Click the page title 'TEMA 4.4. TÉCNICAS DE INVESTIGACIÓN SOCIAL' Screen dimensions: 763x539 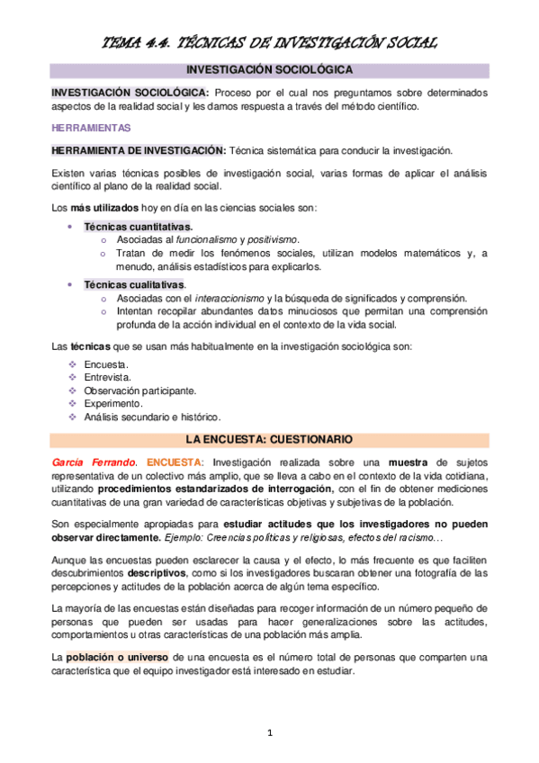click(x=269, y=41)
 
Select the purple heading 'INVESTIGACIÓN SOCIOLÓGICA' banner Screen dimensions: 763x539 click(x=269, y=69)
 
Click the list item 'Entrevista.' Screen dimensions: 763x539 click(x=107, y=378)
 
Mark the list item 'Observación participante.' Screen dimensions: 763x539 click(x=139, y=391)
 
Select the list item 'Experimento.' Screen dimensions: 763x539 click(x=113, y=405)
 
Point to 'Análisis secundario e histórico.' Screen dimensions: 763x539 click(x=152, y=418)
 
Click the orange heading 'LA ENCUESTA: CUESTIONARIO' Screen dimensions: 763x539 click(x=269, y=439)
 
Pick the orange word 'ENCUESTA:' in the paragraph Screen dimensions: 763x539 click(x=175, y=462)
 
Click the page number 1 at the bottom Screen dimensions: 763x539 click(x=269, y=733)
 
